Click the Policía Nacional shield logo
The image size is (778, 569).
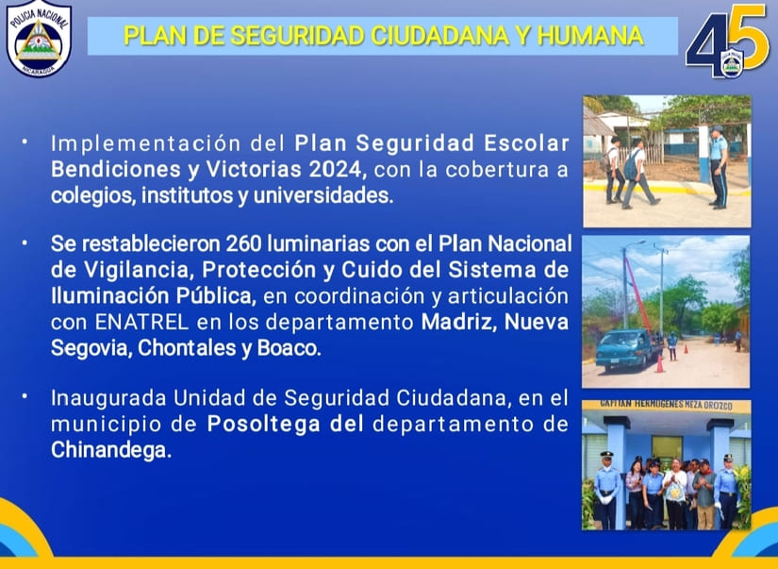pyautogui.click(x=39, y=40)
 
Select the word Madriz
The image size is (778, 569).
pyautogui.click(x=457, y=323)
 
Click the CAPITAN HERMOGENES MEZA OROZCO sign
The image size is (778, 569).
pyautogui.click(x=666, y=405)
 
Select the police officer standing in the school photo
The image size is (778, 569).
pyautogui.click(x=718, y=166)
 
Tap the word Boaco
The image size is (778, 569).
pyautogui.click(x=291, y=348)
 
